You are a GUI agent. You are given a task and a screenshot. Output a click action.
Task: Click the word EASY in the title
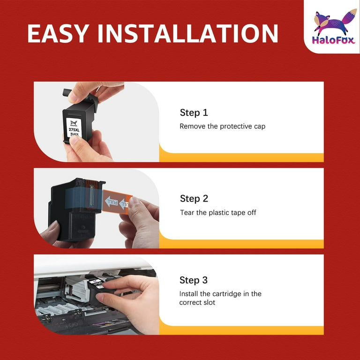click(58, 33)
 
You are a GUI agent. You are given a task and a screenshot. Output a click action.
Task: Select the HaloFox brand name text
click(334, 40)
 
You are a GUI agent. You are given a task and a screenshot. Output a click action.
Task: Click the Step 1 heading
click(194, 112)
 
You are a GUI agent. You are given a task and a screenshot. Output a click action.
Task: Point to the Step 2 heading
click(194, 199)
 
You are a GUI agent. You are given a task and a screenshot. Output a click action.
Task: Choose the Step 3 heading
click(194, 280)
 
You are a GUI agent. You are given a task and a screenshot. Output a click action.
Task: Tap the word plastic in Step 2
click(219, 213)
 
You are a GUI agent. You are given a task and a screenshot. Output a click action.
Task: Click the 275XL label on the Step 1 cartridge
click(74, 130)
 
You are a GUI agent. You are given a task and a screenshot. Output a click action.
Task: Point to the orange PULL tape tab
click(117, 202)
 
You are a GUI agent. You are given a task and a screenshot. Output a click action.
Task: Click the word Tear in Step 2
click(187, 213)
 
